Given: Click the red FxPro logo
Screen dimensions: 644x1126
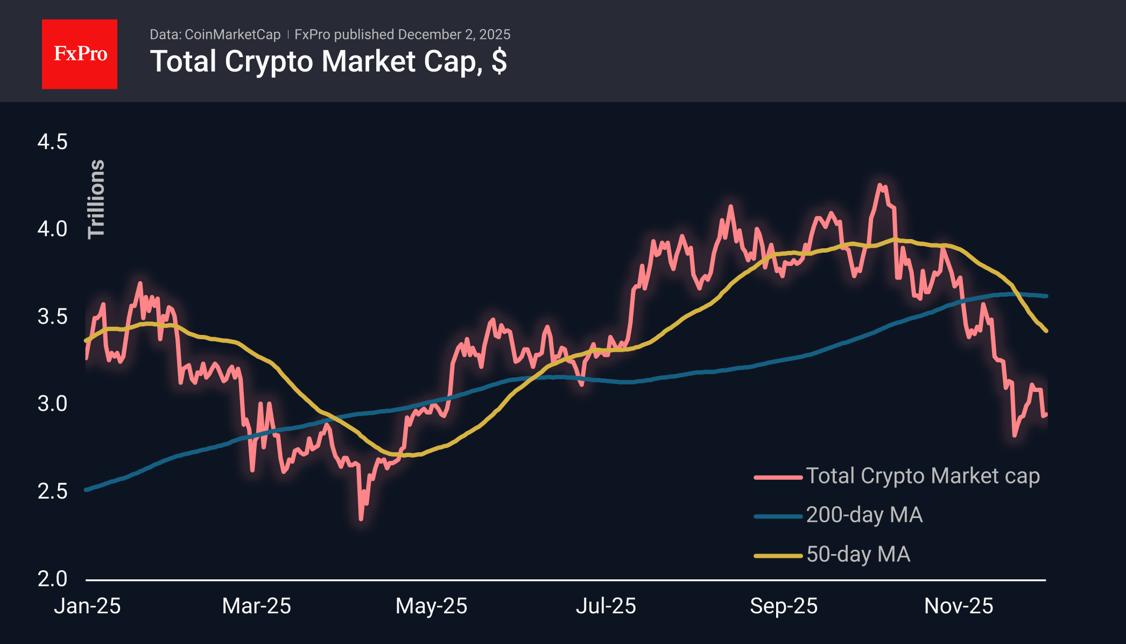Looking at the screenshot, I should (80, 54).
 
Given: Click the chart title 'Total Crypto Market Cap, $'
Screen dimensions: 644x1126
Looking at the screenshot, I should (328, 61).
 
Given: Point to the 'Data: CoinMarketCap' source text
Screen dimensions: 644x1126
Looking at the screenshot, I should (215, 34).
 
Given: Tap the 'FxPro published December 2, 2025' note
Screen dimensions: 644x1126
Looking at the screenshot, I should (402, 34).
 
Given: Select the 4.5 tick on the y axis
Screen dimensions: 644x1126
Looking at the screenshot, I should (52, 142).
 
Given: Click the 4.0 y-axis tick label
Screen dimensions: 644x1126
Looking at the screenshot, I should (52, 229).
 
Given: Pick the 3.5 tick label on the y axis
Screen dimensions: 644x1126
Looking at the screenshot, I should (52, 317).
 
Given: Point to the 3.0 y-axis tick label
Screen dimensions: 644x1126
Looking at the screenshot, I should (52, 404).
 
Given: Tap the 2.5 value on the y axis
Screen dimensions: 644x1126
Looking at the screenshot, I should (52, 491).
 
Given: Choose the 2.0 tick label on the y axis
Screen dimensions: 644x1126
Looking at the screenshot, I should (52, 579).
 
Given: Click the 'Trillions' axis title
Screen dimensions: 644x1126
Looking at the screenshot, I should (96, 199).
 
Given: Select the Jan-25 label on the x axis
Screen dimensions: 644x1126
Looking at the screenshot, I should (87, 606).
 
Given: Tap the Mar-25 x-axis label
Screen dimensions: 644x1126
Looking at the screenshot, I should (256, 606).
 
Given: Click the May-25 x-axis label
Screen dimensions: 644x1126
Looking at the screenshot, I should (431, 606).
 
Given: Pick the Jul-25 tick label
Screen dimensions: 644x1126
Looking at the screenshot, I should (606, 606).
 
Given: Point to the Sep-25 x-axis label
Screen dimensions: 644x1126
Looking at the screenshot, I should (784, 606).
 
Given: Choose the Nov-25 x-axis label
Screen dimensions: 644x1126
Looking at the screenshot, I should (959, 606).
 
